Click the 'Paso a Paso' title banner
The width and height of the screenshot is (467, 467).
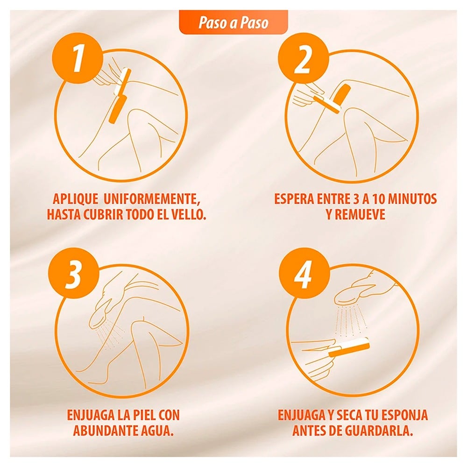pos(233,22)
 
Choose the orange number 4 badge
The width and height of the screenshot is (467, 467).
pos(304,275)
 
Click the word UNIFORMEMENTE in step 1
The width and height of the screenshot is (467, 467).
pos(152,199)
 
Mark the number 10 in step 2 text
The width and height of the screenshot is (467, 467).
pos(378,199)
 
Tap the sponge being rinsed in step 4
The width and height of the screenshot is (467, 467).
pos(349,347)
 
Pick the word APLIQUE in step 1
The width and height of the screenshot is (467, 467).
pos(75,199)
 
